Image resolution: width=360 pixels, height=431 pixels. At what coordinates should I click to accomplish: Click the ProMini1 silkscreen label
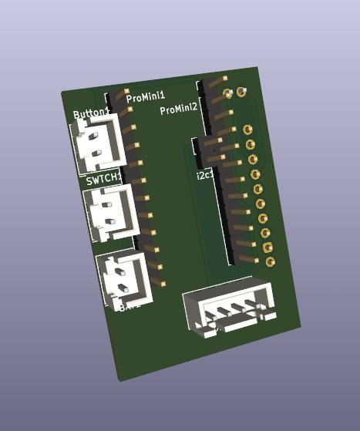point(146,97)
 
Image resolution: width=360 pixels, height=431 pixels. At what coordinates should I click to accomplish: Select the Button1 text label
point(90,114)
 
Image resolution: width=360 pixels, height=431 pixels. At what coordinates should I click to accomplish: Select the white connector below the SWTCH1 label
point(111,212)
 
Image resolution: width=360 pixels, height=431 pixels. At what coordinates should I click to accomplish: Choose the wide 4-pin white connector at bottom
point(228,311)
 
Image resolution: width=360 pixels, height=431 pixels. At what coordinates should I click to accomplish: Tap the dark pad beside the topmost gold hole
point(242,93)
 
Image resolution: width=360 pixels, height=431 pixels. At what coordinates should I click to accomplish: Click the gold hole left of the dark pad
point(227,93)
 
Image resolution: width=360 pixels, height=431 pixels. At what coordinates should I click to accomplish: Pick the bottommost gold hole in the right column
point(271,262)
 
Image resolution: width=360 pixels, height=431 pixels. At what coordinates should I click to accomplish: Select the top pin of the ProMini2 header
point(214,82)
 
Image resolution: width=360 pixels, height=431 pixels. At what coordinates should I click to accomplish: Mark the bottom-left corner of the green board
point(118,381)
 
